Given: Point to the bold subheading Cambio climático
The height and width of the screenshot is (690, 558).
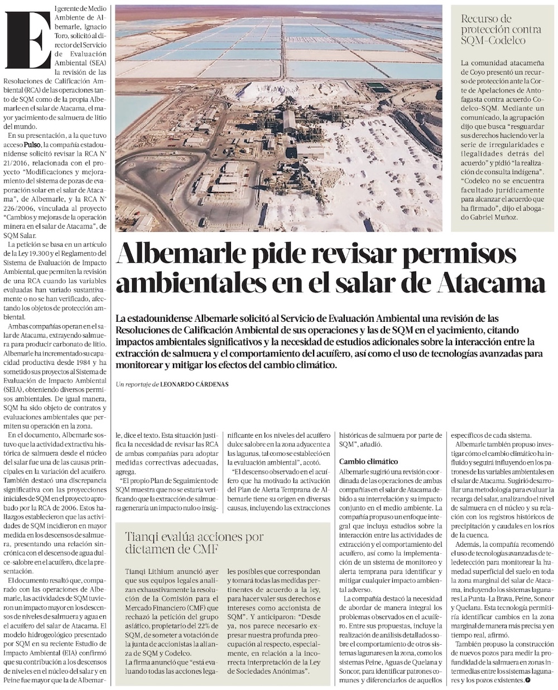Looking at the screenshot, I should coord(368,462).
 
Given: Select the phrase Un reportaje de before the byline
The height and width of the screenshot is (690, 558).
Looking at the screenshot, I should coord(136,384).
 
